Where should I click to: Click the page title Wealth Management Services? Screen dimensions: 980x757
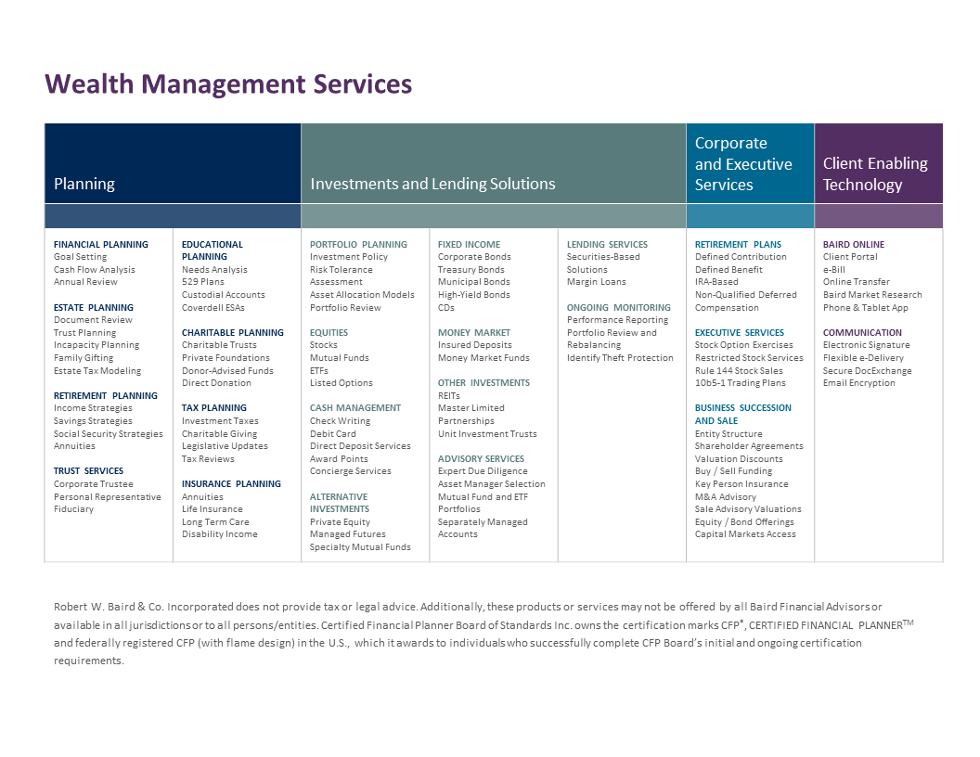[x=228, y=84]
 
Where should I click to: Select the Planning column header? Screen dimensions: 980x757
[x=84, y=184]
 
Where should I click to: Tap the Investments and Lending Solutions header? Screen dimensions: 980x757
[x=432, y=184]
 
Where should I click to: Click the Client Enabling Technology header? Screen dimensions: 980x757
[x=875, y=173]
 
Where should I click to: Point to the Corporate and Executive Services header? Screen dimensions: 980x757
[x=743, y=163]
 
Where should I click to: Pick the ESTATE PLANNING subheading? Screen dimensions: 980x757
[x=93, y=307]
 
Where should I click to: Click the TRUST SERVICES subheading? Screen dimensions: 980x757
[x=88, y=471]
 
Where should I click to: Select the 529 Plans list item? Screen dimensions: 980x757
[x=202, y=282]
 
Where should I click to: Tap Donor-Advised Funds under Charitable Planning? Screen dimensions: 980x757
[x=227, y=370]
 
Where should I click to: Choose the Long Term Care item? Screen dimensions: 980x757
[x=215, y=521]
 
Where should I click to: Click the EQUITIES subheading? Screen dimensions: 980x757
[x=329, y=333]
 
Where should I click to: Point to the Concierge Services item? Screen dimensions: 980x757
[x=350, y=471]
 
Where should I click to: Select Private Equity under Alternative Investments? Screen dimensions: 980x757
[x=340, y=521]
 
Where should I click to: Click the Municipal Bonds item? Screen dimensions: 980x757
[x=473, y=282]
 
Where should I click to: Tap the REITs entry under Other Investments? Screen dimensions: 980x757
[x=448, y=395]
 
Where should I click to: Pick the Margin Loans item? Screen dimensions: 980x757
[x=596, y=282]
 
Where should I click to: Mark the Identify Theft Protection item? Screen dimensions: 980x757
[x=620, y=358]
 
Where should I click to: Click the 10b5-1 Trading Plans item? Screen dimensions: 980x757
[x=740, y=383]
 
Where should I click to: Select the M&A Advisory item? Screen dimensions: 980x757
[x=725, y=496]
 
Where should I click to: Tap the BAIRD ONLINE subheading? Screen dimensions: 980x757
[x=853, y=244]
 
